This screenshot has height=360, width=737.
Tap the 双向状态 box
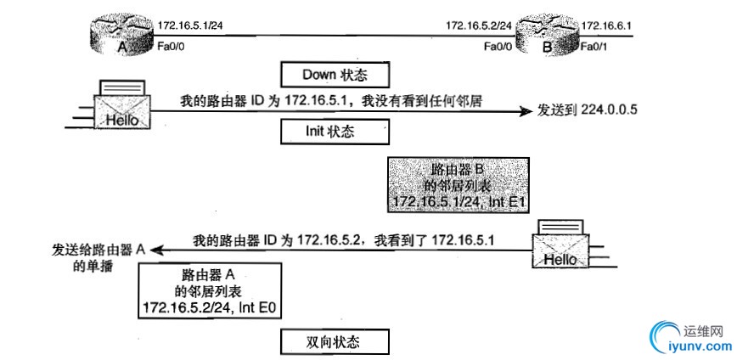pos(334,341)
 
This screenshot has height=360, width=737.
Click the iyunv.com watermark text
pos(695,345)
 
